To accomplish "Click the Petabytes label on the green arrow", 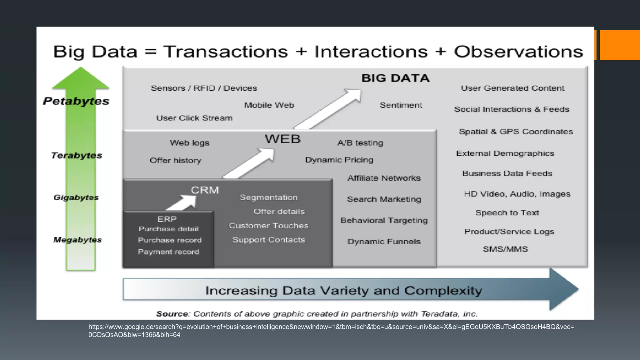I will click(76, 101).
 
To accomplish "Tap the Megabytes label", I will click(77, 240).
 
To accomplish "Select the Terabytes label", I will click(77, 155).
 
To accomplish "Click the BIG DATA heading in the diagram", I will click(395, 78).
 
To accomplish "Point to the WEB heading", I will click(282, 139).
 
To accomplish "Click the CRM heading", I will click(205, 190).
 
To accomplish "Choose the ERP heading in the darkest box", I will click(167, 219).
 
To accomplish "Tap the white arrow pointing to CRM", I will click(183, 203).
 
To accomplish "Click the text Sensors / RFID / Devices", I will click(204, 88).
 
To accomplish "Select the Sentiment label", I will click(401, 105).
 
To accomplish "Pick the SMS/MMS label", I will click(505, 249).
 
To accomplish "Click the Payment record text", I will click(168, 252).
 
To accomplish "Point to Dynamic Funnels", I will click(384, 242).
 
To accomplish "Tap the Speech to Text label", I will click(507, 213).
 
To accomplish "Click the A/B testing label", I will click(360, 143).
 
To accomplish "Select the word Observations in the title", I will click(518, 52).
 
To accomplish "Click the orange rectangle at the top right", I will click(619, 45).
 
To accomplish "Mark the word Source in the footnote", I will click(172, 314).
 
